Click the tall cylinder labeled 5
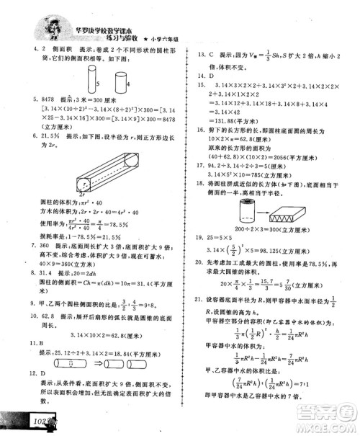click(x=92, y=75)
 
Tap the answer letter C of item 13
click(x=212, y=54)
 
